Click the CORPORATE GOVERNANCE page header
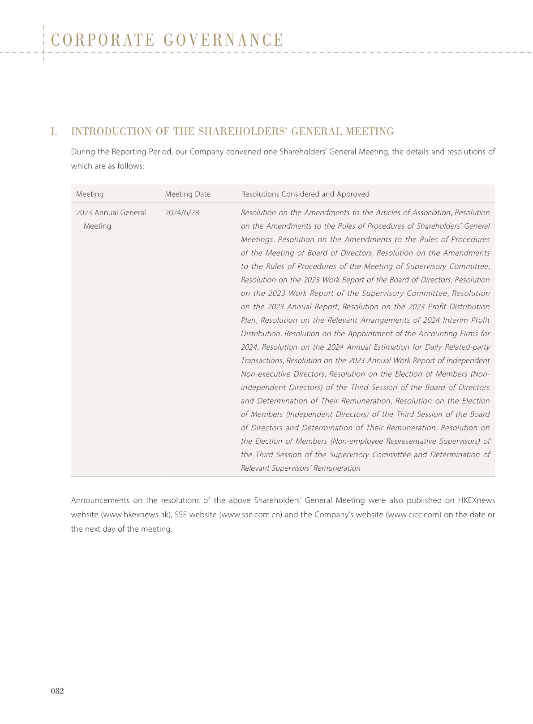[x=168, y=40]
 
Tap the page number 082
[x=57, y=691]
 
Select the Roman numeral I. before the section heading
[x=54, y=132]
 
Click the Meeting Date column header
[x=187, y=194]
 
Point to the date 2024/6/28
[x=182, y=212]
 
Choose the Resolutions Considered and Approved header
[x=305, y=194]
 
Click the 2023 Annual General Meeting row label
[x=111, y=219]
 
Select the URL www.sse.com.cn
[x=250, y=515]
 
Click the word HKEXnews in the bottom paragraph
[x=476, y=500]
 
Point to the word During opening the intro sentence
[x=82, y=152]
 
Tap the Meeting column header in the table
[x=90, y=194]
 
